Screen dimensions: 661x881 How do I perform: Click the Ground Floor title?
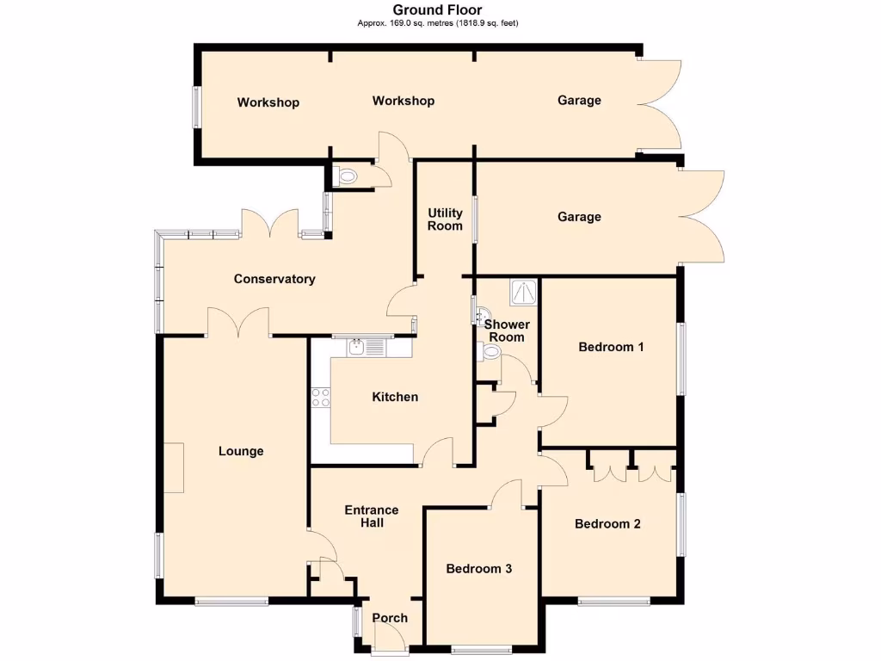[x=437, y=10]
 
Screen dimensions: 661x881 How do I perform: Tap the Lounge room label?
[x=241, y=451]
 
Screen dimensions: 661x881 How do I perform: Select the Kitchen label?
[x=395, y=397]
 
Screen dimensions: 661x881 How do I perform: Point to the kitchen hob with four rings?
[x=320, y=397]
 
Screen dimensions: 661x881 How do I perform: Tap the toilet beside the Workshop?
[x=348, y=176]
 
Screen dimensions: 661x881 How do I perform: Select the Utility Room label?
[x=446, y=219]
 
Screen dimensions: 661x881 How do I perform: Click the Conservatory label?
[x=274, y=279]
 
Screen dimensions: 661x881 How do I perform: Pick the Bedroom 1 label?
[x=611, y=347]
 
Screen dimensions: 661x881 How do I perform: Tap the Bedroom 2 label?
[x=607, y=523]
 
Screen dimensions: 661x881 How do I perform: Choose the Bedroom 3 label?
[x=478, y=568]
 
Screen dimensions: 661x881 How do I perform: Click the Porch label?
[x=390, y=617]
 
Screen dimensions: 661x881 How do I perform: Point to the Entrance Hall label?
[x=372, y=516]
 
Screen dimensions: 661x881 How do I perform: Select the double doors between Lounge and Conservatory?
[x=239, y=324]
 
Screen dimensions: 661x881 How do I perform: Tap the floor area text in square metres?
[x=437, y=23]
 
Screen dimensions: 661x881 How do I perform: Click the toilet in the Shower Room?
[x=489, y=350]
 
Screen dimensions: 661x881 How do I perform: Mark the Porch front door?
[x=389, y=642]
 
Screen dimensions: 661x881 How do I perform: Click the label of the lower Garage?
[x=579, y=217]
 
